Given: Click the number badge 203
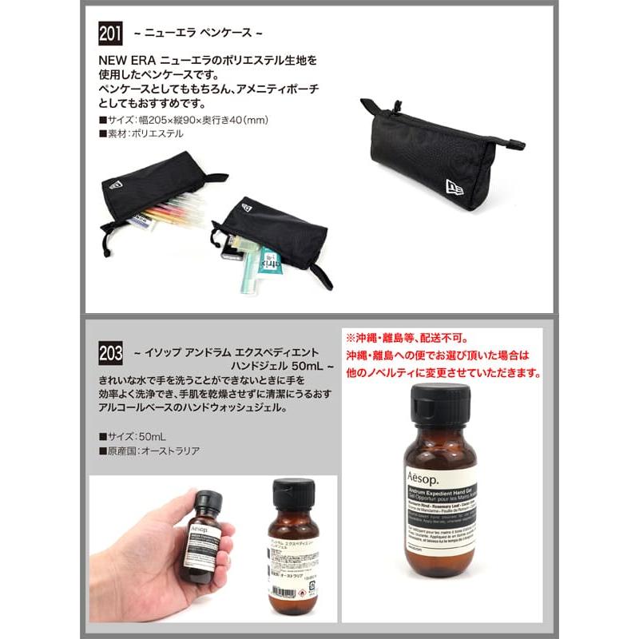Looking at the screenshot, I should tap(110, 352).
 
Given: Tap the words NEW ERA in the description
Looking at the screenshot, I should tap(128, 60).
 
